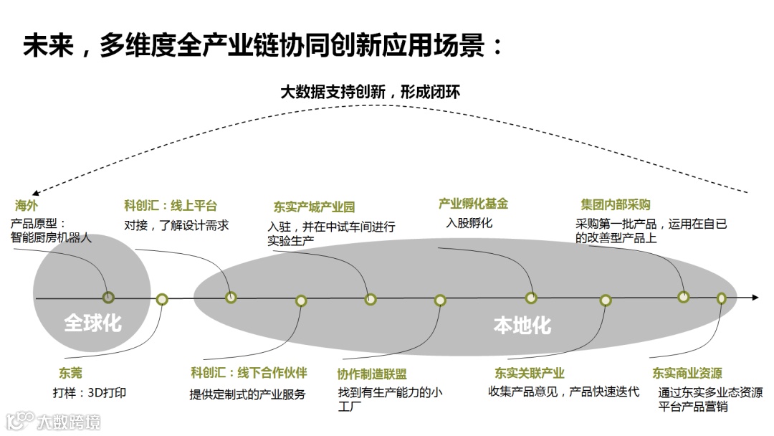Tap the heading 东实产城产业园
click(x=314, y=208)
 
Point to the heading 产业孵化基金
click(x=473, y=204)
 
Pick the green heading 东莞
click(x=70, y=373)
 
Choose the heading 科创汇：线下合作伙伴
click(x=249, y=373)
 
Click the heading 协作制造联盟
click(x=372, y=374)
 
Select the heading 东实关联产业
click(x=530, y=373)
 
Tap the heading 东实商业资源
click(x=687, y=373)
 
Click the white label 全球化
click(x=92, y=323)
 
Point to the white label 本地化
click(x=522, y=326)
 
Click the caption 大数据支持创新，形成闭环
click(x=370, y=92)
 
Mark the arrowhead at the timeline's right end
click(x=755, y=297)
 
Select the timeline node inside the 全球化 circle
click(x=108, y=297)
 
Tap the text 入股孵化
click(x=469, y=223)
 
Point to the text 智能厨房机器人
click(x=52, y=237)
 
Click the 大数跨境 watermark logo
click(x=54, y=421)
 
